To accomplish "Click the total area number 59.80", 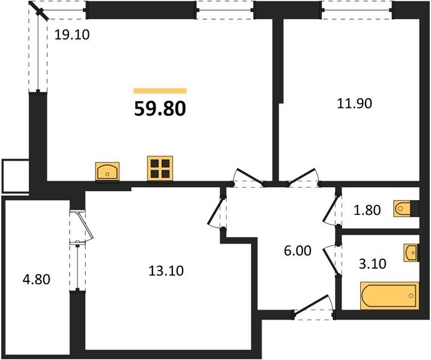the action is click(160, 109).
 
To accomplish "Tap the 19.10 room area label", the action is click(72, 35).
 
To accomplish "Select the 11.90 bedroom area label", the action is click(354, 104).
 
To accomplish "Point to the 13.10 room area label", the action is click(166, 271).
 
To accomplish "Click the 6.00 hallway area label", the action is click(297, 251).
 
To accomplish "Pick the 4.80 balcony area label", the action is click(37, 280).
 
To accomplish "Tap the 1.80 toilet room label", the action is click(367, 210).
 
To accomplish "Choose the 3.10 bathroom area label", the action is click(373, 264).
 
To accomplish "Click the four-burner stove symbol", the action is click(160, 169).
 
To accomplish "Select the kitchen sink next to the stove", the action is click(107, 172).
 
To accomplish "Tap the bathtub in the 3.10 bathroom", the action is click(390, 296).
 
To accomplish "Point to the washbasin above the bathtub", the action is click(411, 253).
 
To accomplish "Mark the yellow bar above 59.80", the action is click(160, 91).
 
